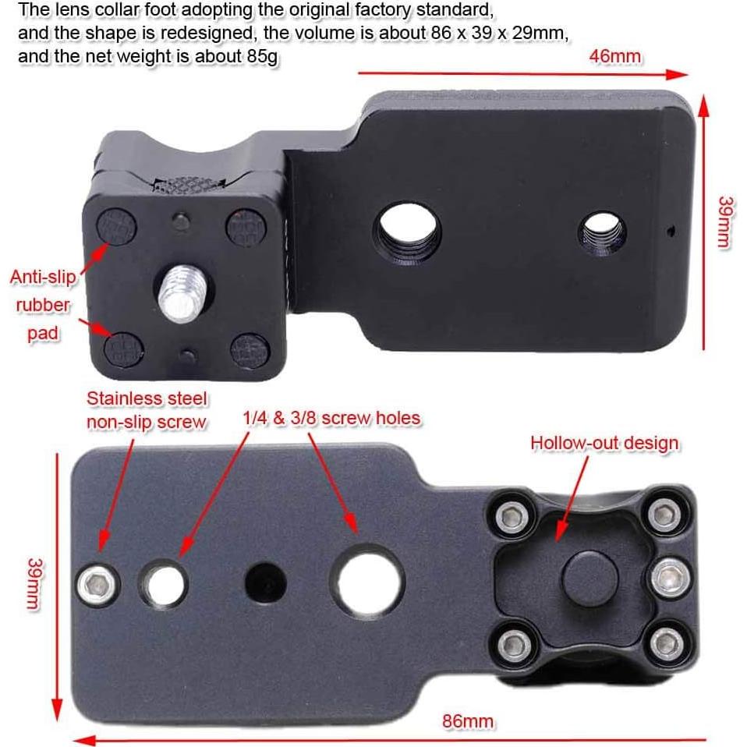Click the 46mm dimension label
[614, 56]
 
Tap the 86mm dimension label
[467, 720]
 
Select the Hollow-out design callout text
[604, 443]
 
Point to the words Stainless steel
[147, 398]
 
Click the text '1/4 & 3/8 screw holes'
[331, 418]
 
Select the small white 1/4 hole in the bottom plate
[165, 584]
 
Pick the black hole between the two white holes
[265, 582]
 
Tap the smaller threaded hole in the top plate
[602, 233]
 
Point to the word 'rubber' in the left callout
[43, 306]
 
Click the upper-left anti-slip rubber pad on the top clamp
[117, 225]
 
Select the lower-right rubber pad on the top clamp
[250, 351]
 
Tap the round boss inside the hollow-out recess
[589, 577]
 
